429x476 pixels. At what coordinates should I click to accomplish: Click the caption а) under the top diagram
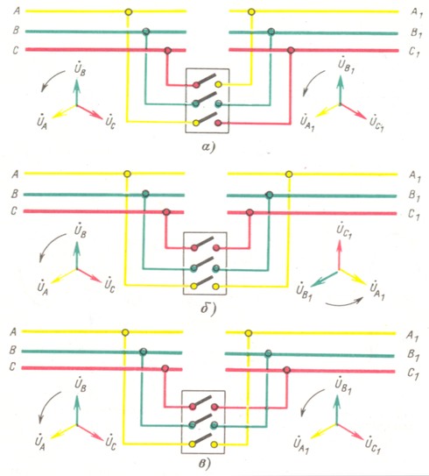208,147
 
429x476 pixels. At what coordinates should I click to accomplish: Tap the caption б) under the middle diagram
208,309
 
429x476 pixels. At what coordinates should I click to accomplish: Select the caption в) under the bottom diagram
205,464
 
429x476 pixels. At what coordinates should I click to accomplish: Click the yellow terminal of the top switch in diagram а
218,84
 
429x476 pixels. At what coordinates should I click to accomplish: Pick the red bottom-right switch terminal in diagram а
218,123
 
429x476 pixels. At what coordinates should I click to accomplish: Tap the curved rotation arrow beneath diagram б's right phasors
344,302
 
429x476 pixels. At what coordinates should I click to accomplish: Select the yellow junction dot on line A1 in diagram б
289,174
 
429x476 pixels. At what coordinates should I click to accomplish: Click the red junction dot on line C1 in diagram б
250,212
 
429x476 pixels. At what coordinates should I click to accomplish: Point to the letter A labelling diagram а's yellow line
17,11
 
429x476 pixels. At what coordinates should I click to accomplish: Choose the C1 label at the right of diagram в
413,373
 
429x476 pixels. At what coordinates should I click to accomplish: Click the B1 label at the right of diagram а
416,32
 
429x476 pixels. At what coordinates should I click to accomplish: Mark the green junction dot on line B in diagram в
143,352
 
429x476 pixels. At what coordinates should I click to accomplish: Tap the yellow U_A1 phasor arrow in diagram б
354,277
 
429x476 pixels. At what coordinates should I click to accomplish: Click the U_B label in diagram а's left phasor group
80,69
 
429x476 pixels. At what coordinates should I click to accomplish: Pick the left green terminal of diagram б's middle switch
194,268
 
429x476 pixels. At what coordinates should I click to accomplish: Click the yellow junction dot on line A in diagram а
129,12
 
